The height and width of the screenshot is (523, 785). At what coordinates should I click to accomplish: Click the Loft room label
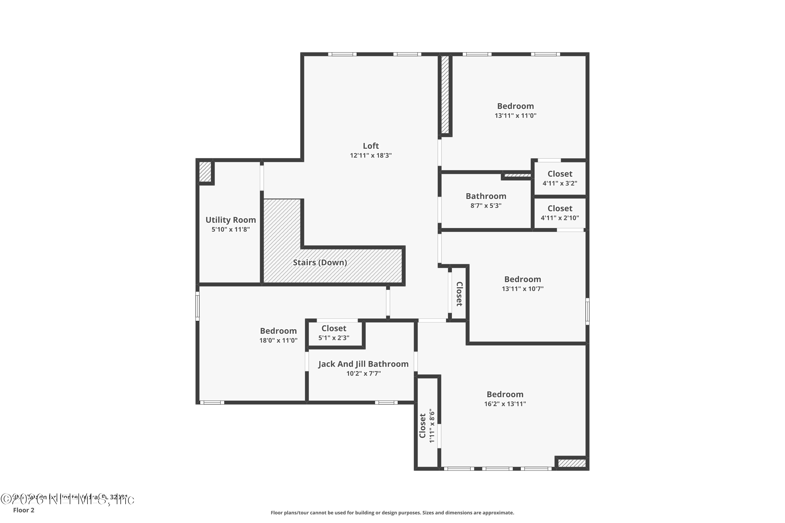click(x=371, y=146)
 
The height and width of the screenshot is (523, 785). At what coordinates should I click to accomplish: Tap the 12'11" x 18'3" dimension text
click(x=371, y=155)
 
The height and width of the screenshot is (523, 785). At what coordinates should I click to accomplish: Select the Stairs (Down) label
click(x=320, y=263)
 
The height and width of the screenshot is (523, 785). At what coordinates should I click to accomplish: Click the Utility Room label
click(x=231, y=220)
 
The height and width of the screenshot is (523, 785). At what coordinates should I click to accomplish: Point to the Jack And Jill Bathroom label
click(x=363, y=364)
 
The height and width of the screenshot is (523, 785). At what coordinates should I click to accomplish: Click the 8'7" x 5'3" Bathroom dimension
click(x=486, y=206)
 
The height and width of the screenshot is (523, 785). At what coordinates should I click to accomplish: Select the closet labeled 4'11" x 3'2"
click(x=560, y=178)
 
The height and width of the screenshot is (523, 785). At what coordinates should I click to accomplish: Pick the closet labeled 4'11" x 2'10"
click(x=560, y=213)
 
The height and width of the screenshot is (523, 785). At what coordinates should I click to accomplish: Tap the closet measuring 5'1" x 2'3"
click(x=334, y=333)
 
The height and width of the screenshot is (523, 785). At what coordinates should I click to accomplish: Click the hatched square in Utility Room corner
click(x=205, y=172)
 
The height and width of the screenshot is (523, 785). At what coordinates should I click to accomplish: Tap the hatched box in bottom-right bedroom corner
click(x=572, y=463)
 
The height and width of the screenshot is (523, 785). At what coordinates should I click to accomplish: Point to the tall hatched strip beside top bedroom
click(x=445, y=94)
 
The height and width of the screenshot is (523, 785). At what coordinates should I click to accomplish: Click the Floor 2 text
click(x=24, y=510)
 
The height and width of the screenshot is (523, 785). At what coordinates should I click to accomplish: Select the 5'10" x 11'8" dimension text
click(x=231, y=230)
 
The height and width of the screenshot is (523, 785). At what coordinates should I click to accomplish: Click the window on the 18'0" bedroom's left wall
click(x=198, y=306)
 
